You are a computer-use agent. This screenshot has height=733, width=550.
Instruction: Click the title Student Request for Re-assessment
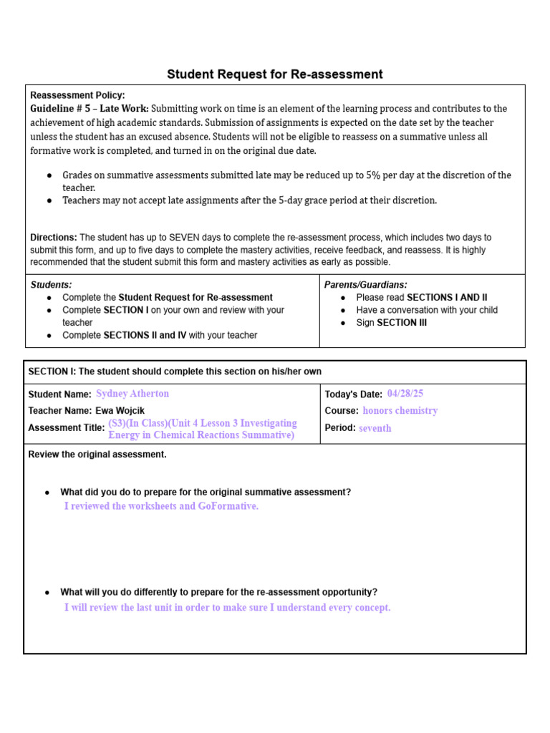(x=275, y=74)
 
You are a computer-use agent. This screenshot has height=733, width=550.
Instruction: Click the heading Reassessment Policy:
(x=77, y=95)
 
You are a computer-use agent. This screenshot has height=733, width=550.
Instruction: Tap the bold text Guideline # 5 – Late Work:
(x=90, y=109)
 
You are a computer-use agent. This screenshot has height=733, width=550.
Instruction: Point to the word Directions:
(x=53, y=237)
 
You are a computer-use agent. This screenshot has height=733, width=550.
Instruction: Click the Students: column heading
(x=51, y=285)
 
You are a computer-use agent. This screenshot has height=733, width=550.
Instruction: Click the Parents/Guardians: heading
(x=365, y=285)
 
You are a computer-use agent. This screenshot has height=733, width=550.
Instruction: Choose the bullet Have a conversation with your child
(x=427, y=310)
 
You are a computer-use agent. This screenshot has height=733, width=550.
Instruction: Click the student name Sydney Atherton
(x=132, y=394)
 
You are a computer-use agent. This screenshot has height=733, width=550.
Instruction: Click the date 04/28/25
(x=405, y=394)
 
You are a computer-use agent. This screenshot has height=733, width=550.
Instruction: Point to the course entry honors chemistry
(x=400, y=411)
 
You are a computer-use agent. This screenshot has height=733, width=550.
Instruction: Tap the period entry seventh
(x=375, y=428)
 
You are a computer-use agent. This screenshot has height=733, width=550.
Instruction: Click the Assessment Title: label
(x=66, y=428)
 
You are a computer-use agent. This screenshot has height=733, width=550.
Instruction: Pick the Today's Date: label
(x=353, y=394)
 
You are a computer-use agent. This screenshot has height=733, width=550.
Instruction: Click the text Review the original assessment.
(x=97, y=455)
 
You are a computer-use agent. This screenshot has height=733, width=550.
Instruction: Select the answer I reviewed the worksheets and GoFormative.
(x=161, y=506)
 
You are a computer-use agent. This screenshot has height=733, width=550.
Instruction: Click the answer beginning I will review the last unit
(x=227, y=608)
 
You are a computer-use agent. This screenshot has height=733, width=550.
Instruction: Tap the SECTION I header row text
(x=175, y=372)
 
